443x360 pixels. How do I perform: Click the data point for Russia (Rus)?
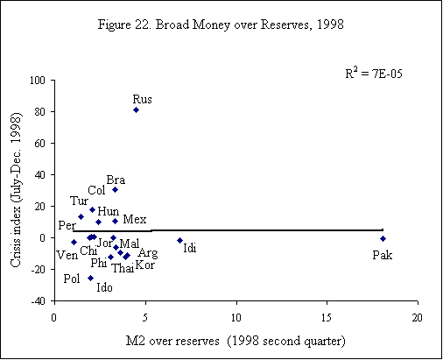[136, 109]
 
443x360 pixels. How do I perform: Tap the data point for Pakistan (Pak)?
[383, 238]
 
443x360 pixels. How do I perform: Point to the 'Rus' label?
[142, 98]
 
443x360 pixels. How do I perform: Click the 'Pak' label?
[382, 255]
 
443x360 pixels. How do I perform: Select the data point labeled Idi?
[179, 240]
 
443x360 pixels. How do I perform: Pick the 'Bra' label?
[115, 180]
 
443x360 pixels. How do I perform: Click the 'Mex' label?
[135, 218]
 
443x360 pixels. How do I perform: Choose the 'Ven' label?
[67, 255]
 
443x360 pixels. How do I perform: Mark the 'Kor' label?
[144, 265]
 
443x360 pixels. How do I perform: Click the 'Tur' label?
[79, 201]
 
